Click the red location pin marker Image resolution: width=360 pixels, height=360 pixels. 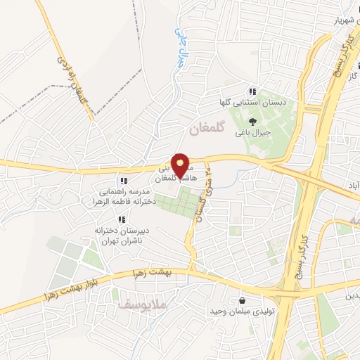pyautogui.click(x=182, y=166)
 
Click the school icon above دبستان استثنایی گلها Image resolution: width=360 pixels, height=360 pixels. pyautogui.click(x=252, y=92)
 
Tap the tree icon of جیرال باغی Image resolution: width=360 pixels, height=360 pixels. pyautogui.click(x=252, y=122)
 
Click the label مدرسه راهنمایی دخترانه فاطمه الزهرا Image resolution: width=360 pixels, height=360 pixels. pyautogui.click(x=123, y=196)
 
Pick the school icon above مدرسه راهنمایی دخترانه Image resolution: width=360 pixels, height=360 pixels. pyautogui.click(x=123, y=181)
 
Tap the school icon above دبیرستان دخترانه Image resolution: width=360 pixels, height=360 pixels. pyautogui.click(x=122, y=219)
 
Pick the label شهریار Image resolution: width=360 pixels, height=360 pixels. pyautogui.click(x=342, y=20)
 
